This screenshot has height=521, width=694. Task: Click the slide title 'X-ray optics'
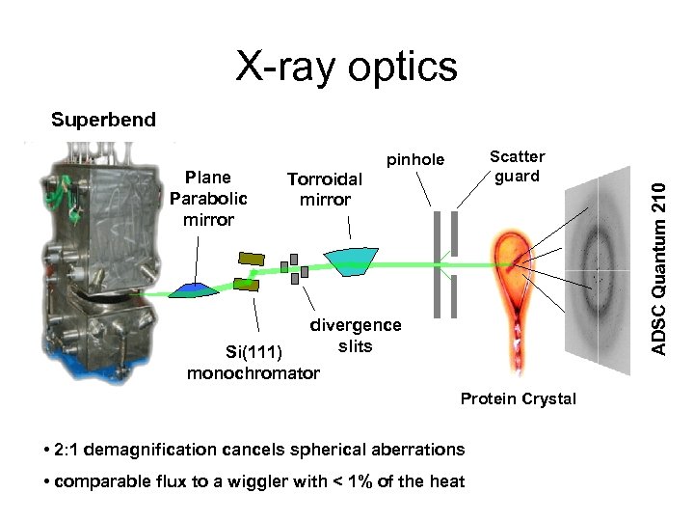[347, 68]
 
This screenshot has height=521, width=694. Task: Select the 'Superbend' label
[103, 121]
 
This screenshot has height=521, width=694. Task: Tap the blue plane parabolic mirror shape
[196, 288]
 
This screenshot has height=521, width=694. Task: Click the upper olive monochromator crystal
[251, 259]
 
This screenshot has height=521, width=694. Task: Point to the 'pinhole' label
[415, 160]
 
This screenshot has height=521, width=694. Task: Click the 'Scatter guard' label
[517, 166]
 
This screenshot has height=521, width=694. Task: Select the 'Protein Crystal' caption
[518, 399]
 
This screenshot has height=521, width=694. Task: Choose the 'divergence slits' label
[355, 336]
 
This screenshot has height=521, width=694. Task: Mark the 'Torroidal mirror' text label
[325, 189]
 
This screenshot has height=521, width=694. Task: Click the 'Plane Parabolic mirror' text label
[208, 198]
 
